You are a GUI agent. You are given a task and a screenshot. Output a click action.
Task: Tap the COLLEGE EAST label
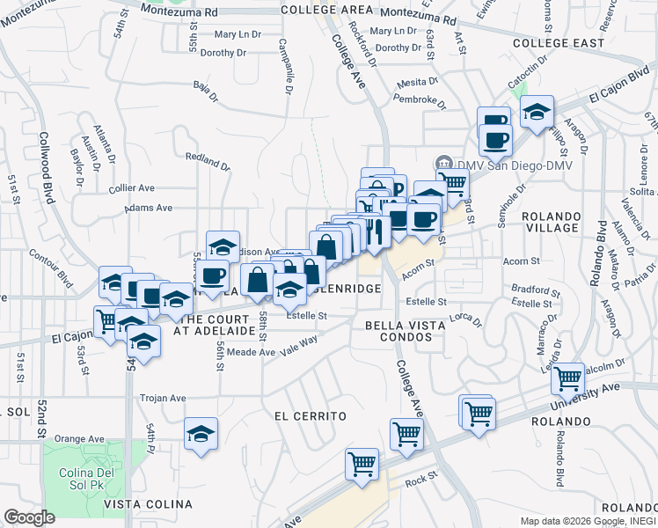[x=559, y=42]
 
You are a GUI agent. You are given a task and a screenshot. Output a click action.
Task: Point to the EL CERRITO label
[x=310, y=415]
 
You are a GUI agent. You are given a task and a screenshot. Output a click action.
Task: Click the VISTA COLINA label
[x=148, y=503]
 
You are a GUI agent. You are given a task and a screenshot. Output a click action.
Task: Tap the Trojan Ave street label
[x=163, y=398]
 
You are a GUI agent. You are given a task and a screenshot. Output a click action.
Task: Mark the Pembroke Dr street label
[x=416, y=99]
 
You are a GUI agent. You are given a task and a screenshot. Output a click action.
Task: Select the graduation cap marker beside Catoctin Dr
[x=536, y=113]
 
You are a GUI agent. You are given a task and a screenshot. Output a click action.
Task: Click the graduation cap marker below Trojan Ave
[x=201, y=434]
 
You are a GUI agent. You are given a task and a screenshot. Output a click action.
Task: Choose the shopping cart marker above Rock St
[x=362, y=463]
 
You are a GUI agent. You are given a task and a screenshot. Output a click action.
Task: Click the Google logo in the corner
[x=29, y=517]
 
